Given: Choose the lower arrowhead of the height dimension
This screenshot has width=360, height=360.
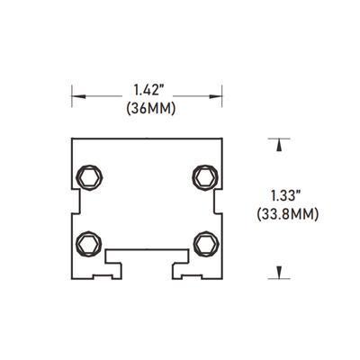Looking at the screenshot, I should click(x=283, y=269).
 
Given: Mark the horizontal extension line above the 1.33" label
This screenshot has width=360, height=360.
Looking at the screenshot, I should click(x=283, y=138).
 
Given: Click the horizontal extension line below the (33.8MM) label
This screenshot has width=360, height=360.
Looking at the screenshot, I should click(x=283, y=276).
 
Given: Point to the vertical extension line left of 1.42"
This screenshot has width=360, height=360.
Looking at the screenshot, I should click(x=72, y=94).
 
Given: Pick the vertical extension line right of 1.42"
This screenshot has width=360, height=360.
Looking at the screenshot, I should click(x=221, y=94).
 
